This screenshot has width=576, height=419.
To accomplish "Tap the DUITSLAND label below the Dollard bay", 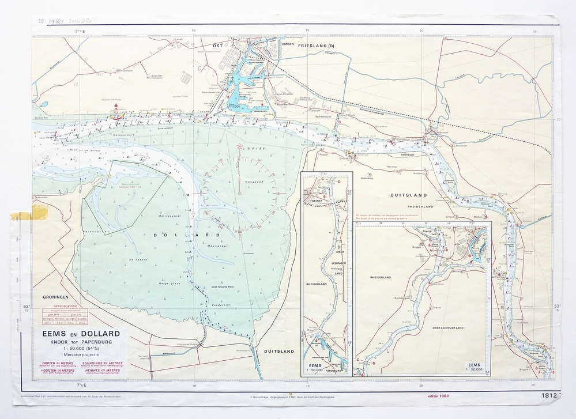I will coord(279,350).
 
